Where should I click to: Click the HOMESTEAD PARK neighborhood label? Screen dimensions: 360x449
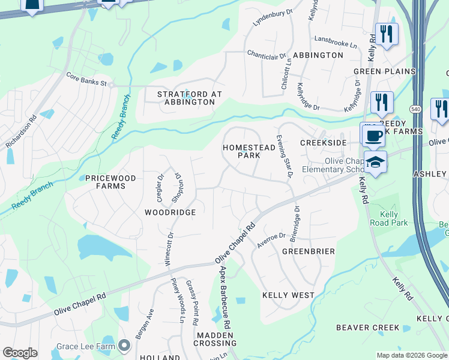(241, 151)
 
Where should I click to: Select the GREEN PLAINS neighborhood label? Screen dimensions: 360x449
(384, 71)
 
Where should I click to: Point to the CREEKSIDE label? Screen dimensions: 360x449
(324, 143)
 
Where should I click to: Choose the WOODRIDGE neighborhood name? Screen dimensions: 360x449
(170, 213)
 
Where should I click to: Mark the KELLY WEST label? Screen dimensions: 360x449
(288, 295)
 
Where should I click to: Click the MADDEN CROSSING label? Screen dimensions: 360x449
(215, 338)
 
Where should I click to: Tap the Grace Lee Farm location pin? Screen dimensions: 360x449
(124, 345)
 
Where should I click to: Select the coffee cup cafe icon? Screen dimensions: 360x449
(373, 135)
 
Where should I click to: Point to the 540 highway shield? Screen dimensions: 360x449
(415, 109)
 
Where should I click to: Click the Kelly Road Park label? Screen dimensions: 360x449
(394, 218)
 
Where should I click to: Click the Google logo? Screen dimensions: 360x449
(20, 353)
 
